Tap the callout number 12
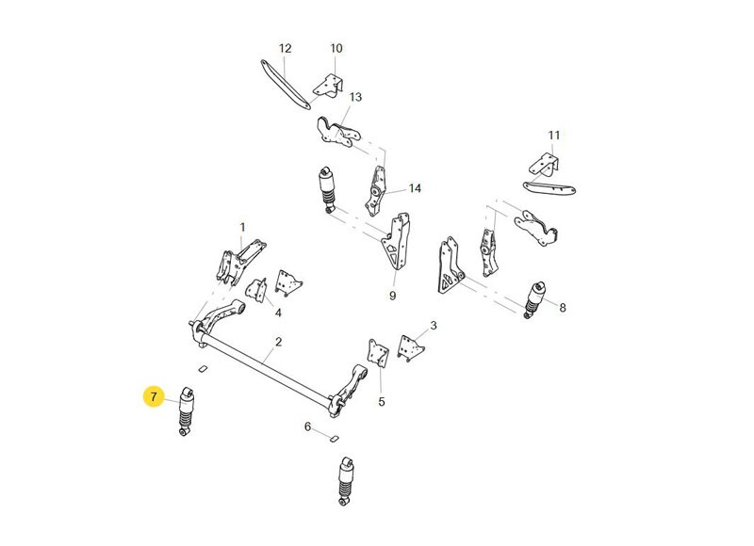[x=286, y=48]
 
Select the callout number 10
[x=336, y=48]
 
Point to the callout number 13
[x=355, y=97]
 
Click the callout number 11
[x=553, y=135]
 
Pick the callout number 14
[x=415, y=188]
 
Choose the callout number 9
[x=392, y=296]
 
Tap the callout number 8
[x=562, y=308]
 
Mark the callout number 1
[x=242, y=227]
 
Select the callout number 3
[x=433, y=326]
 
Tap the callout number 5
[x=382, y=402]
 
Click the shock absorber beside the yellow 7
[x=186, y=409]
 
